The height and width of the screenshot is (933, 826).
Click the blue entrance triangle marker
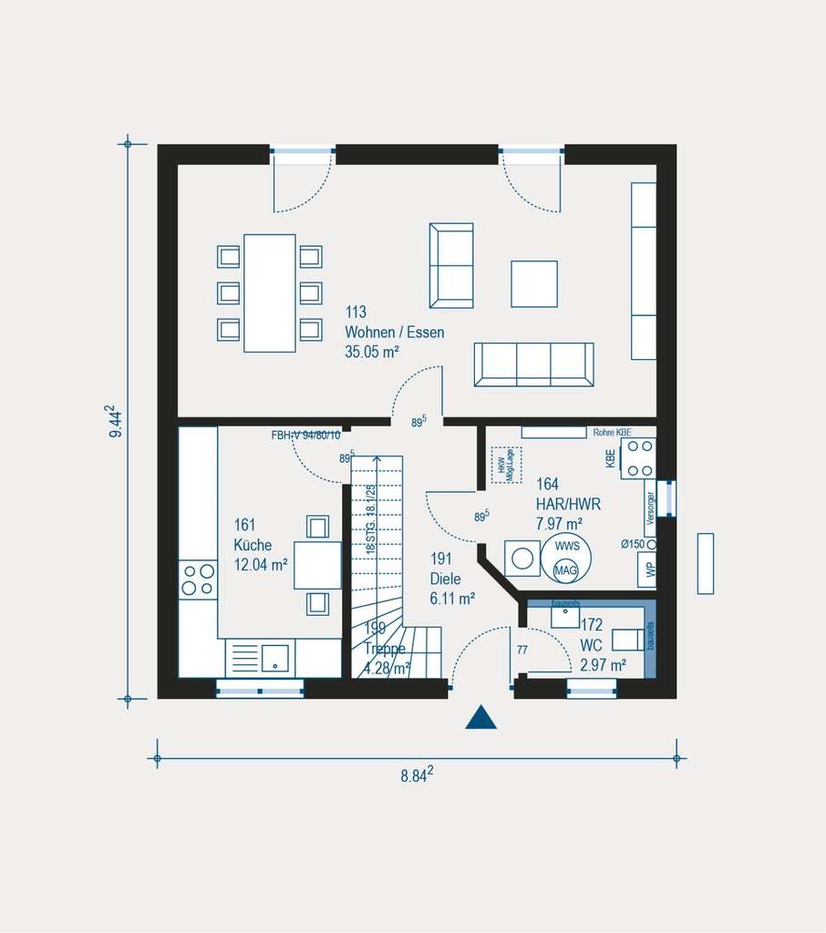coord(480,718)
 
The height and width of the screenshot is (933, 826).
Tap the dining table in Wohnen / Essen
coord(270,292)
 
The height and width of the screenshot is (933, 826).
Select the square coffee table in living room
coord(533,283)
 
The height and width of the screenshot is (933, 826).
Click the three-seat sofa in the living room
coord(533,364)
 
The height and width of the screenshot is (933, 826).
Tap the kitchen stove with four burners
coord(198,579)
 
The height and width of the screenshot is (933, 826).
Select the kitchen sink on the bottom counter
coord(275,658)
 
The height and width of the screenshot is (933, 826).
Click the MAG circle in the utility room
coord(565,571)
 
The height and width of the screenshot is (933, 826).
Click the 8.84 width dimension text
coord(416,775)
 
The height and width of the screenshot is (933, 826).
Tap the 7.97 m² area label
coord(559,523)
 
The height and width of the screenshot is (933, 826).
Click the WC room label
coord(591,646)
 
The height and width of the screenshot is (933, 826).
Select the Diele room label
coord(445,579)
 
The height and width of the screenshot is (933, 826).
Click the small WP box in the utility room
coord(649,569)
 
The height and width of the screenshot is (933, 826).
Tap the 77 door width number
coord(522,651)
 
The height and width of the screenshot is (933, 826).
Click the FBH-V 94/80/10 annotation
coord(305,436)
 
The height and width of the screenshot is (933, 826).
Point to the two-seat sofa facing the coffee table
coord(451,265)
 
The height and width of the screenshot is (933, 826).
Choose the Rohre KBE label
coord(612,432)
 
